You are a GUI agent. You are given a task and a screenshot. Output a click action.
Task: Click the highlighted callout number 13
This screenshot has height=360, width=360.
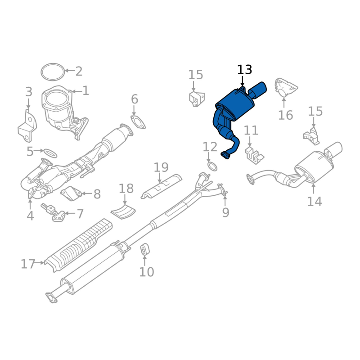click(244, 70)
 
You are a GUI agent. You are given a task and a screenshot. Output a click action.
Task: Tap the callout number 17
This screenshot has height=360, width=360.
click(28, 264)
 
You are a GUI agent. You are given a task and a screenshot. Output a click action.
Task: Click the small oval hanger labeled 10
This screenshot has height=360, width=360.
click(144, 249)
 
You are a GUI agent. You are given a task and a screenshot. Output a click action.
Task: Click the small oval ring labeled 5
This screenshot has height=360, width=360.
click(50, 151)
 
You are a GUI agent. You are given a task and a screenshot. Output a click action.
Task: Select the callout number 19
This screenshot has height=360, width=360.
click(161, 167)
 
